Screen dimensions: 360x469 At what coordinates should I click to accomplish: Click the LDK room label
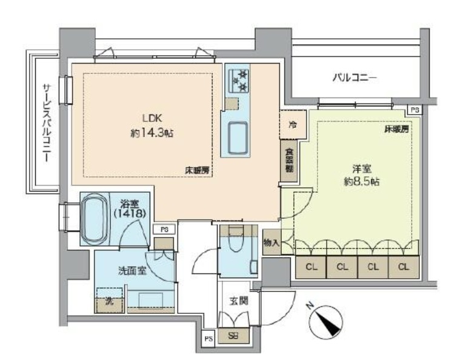point(151,119)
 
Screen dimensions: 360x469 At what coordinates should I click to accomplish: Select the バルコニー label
point(355,78)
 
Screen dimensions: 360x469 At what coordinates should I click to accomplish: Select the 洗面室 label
point(131,272)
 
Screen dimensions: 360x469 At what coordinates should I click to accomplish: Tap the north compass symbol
point(327,322)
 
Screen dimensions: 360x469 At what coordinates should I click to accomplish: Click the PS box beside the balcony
point(414,110)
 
